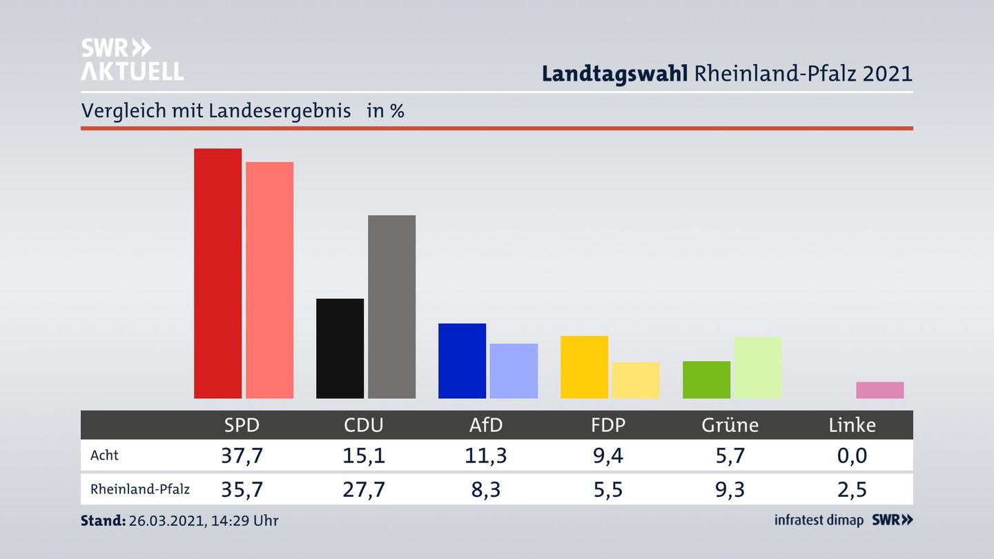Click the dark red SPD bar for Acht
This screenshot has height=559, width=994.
point(217,273)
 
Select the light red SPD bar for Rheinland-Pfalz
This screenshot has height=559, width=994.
point(269,280)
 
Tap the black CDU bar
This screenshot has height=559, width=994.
point(340,349)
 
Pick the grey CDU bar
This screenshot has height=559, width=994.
point(391,306)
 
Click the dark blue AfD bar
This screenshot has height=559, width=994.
point(462,361)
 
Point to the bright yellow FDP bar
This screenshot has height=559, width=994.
point(584,367)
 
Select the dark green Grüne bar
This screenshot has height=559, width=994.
point(706,380)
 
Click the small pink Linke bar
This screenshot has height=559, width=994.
point(879,390)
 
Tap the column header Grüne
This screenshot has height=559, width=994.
point(730,425)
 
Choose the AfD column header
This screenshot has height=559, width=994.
point(486,425)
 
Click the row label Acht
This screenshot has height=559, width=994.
point(104,455)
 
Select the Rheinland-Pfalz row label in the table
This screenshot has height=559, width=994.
point(140,489)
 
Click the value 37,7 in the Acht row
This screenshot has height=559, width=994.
point(242,455)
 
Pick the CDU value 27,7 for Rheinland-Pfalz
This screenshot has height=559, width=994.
point(364,489)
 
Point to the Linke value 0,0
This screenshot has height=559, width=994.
point(852,455)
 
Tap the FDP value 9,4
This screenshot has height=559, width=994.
point(608,455)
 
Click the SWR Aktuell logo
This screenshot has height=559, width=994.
point(132,59)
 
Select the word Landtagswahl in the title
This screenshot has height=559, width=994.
point(614,73)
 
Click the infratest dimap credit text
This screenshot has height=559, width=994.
point(819,520)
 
